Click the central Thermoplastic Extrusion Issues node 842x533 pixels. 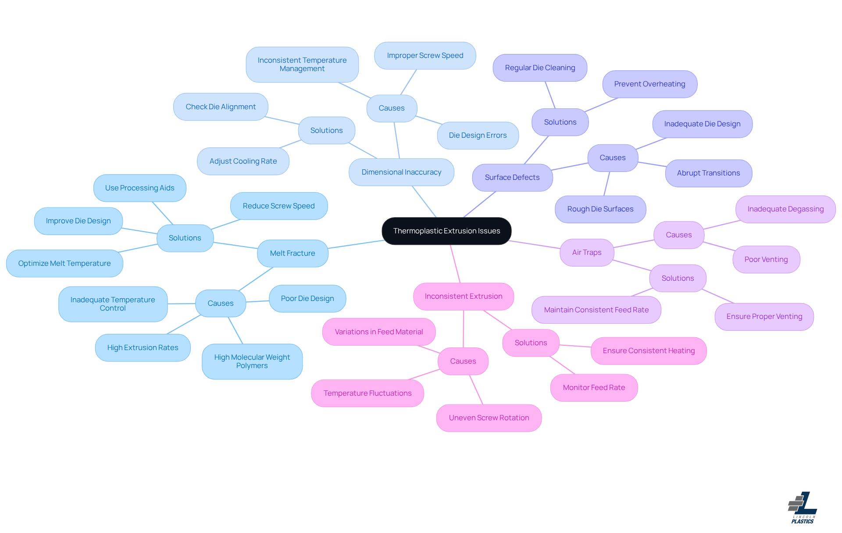[x=446, y=231]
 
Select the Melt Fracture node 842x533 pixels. [x=293, y=253]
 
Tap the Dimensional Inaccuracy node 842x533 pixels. [x=401, y=172]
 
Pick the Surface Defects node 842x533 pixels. [x=512, y=177]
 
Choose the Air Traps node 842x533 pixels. [x=587, y=252]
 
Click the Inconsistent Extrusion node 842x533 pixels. [x=464, y=296]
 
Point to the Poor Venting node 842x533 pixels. [x=766, y=259]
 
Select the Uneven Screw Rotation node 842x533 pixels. [x=489, y=418]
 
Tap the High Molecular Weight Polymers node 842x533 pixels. [x=252, y=361]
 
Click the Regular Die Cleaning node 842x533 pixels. [x=540, y=68]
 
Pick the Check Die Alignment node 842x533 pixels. [x=221, y=107]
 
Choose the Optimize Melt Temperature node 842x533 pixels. [x=64, y=263]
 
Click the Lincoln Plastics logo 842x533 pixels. [x=803, y=508]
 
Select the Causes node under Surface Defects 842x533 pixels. [x=613, y=157]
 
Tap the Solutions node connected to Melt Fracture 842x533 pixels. [x=185, y=238]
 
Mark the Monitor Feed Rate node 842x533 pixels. [x=594, y=387]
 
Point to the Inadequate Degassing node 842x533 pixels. [x=785, y=209]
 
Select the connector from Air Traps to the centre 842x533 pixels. [x=535, y=244]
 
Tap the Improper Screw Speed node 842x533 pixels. [x=425, y=55]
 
